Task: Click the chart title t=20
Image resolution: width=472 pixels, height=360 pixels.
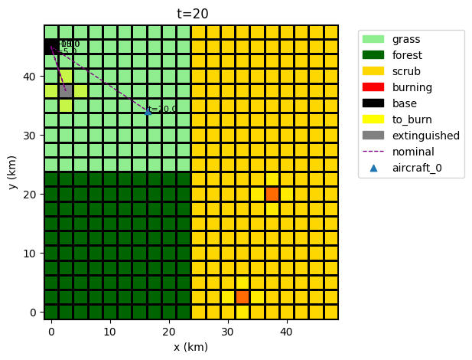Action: point(191,13)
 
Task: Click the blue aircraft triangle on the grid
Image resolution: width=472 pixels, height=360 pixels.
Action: point(148,112)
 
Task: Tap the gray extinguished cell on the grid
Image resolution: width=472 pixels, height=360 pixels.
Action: point(66,91)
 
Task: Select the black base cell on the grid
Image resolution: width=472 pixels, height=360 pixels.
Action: point(51,47)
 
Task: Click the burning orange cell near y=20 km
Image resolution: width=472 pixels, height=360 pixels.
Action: point(272,194)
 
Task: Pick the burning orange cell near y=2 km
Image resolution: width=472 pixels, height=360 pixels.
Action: point(243,297)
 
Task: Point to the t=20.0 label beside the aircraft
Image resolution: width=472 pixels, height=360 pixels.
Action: point(164,110)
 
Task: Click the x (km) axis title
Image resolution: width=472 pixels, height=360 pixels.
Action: point(191,346)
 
